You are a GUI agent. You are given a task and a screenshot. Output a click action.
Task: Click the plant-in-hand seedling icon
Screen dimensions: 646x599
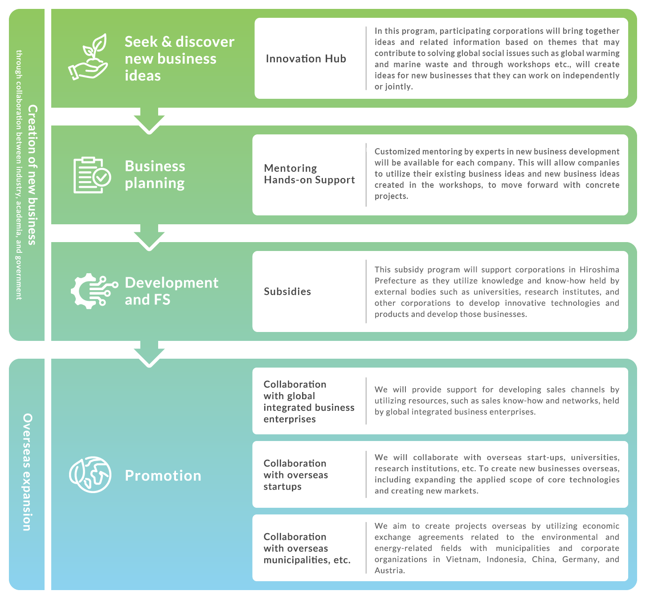[x=88, y=57]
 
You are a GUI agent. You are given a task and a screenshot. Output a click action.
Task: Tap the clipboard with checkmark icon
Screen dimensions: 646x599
[x=92, y=175]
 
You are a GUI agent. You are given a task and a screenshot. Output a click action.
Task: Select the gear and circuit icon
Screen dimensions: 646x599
[x=94, y=291]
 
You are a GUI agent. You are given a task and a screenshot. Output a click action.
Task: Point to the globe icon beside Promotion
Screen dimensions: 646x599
[x=90, y=474]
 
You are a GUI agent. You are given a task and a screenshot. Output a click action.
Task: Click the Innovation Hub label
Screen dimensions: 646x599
[x=306, y=58]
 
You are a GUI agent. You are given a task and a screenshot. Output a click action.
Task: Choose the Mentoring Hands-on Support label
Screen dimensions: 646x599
[x=309, y=174]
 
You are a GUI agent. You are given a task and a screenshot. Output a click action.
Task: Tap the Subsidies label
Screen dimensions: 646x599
[x=287, y=291]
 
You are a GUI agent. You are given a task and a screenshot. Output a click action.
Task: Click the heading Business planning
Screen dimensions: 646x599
[x=155, y=174]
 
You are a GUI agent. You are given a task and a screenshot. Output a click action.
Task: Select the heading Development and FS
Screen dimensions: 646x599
[x=172, y=291]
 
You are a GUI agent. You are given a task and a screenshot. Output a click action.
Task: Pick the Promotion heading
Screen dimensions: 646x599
[x=163, y=475]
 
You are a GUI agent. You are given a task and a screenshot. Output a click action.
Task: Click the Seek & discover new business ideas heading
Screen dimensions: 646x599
[x=180, y=58]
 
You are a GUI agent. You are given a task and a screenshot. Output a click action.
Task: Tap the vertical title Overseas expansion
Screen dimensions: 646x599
[x=28, y=472]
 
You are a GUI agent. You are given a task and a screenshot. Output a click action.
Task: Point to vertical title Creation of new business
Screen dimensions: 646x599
[x=33, y=174]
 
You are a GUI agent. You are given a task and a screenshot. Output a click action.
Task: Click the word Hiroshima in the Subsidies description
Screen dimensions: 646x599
[x=599, y=269]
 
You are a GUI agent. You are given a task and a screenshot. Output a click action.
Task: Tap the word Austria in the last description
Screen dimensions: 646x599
[x=390, y=571]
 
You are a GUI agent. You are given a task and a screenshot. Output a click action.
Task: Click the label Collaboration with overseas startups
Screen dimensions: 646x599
[x=296, y=474]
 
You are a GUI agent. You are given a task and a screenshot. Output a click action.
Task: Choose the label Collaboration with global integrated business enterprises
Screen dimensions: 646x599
[x=309, y=401]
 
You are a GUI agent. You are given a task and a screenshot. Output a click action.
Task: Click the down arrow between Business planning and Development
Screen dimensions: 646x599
[x=149, y=238]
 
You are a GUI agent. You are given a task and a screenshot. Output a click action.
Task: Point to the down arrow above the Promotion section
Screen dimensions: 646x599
[x=149, y=354]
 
